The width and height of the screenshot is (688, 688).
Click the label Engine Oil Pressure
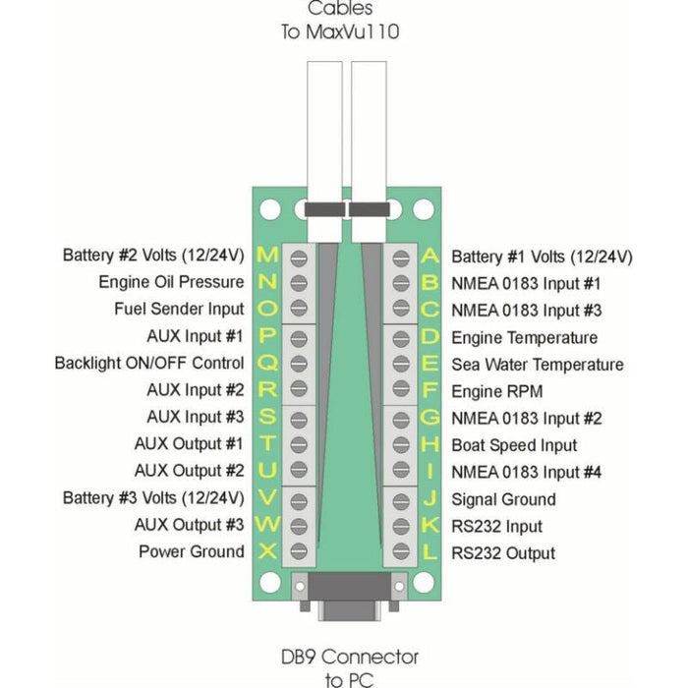tap(171, 283)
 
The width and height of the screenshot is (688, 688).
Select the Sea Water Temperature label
tap(537, 365)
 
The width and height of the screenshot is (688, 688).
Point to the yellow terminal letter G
tap(430, 418)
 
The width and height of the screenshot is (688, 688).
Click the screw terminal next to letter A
tap(400, 258)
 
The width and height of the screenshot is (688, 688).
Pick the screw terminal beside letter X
tap(298, 551)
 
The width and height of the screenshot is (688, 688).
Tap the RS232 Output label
tap(503, 553)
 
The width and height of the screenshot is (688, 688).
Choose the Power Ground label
tap(191, 551)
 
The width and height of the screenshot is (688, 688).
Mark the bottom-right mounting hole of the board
tap(423, 583)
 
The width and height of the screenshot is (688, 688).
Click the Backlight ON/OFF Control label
tap(149, 364)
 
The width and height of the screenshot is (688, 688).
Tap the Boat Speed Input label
tap(514, 445)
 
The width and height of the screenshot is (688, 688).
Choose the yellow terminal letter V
tap(267, 497)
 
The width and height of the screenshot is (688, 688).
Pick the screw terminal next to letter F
tap(400, 391)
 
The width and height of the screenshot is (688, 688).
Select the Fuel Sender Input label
tap(179, 310)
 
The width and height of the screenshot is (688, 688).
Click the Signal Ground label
tap(503, 499)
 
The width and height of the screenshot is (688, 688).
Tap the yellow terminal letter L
tap(430, 552)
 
